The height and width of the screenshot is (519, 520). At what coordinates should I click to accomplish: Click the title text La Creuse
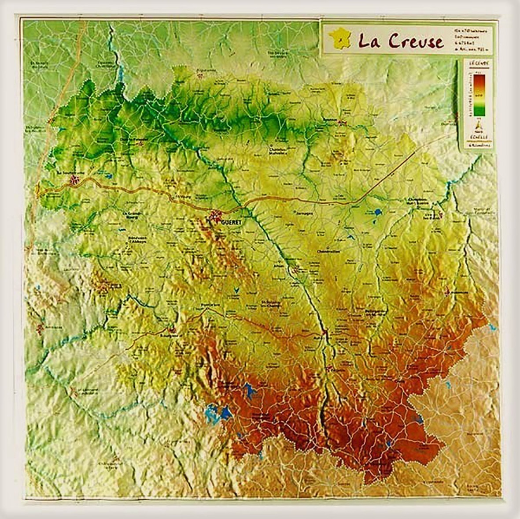[400, 41]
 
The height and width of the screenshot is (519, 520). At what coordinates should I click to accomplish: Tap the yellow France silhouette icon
[341, 38]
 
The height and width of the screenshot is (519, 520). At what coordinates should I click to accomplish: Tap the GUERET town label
[232, 223]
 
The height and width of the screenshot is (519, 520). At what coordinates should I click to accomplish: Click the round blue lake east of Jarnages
[379, 213]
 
